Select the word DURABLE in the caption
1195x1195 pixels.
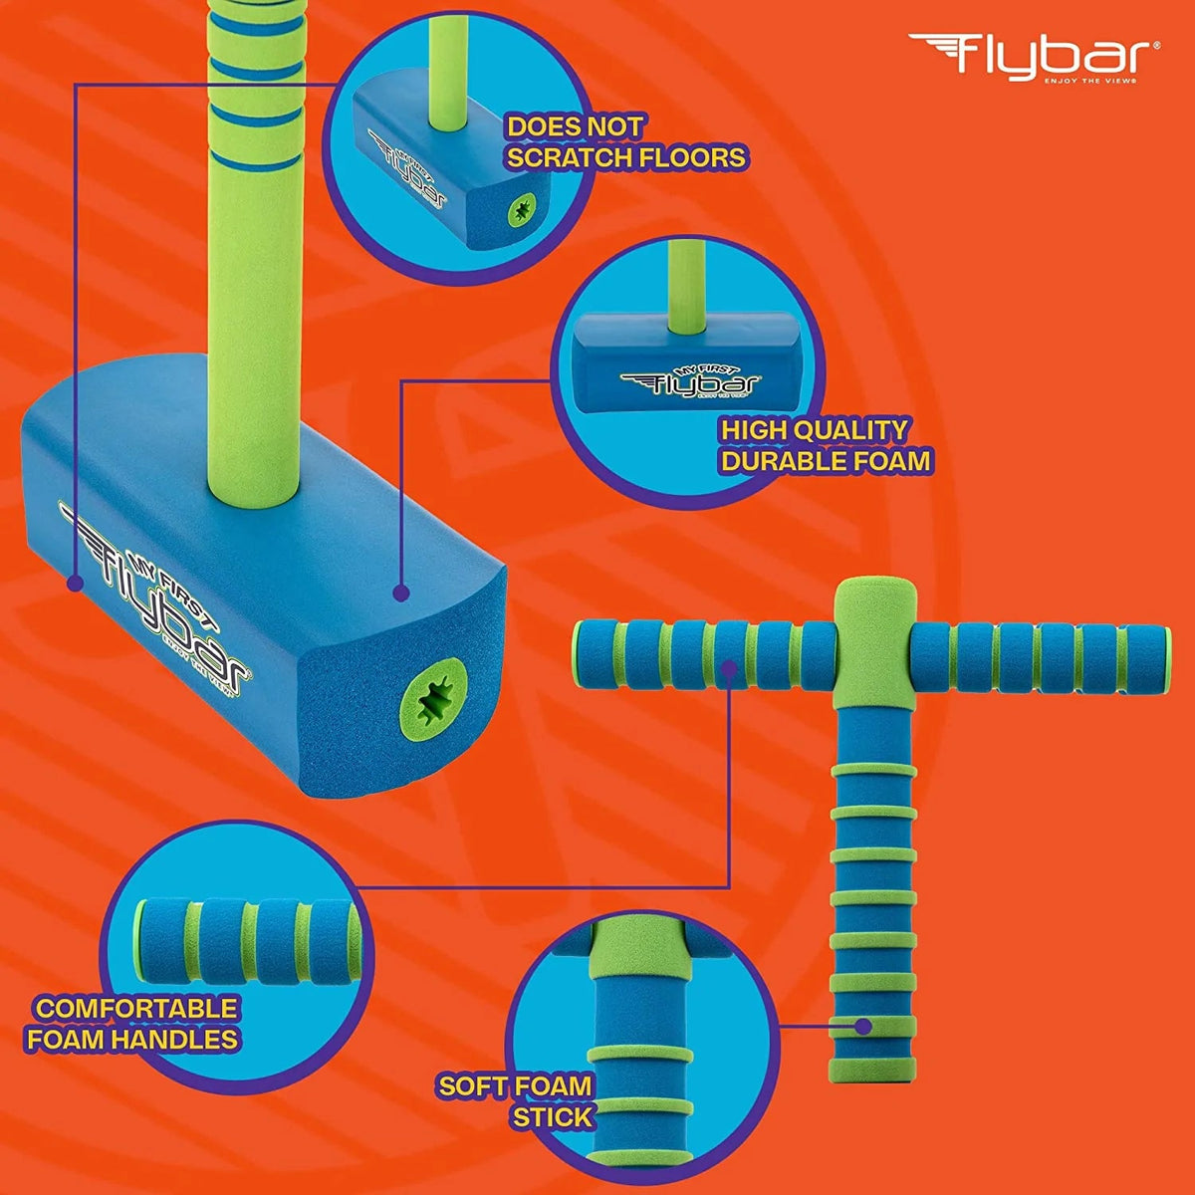point(782,461)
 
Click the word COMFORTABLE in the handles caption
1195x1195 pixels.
point(137,1008)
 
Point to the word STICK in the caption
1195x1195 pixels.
point(553,1116)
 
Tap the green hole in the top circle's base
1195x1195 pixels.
point(519,211)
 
